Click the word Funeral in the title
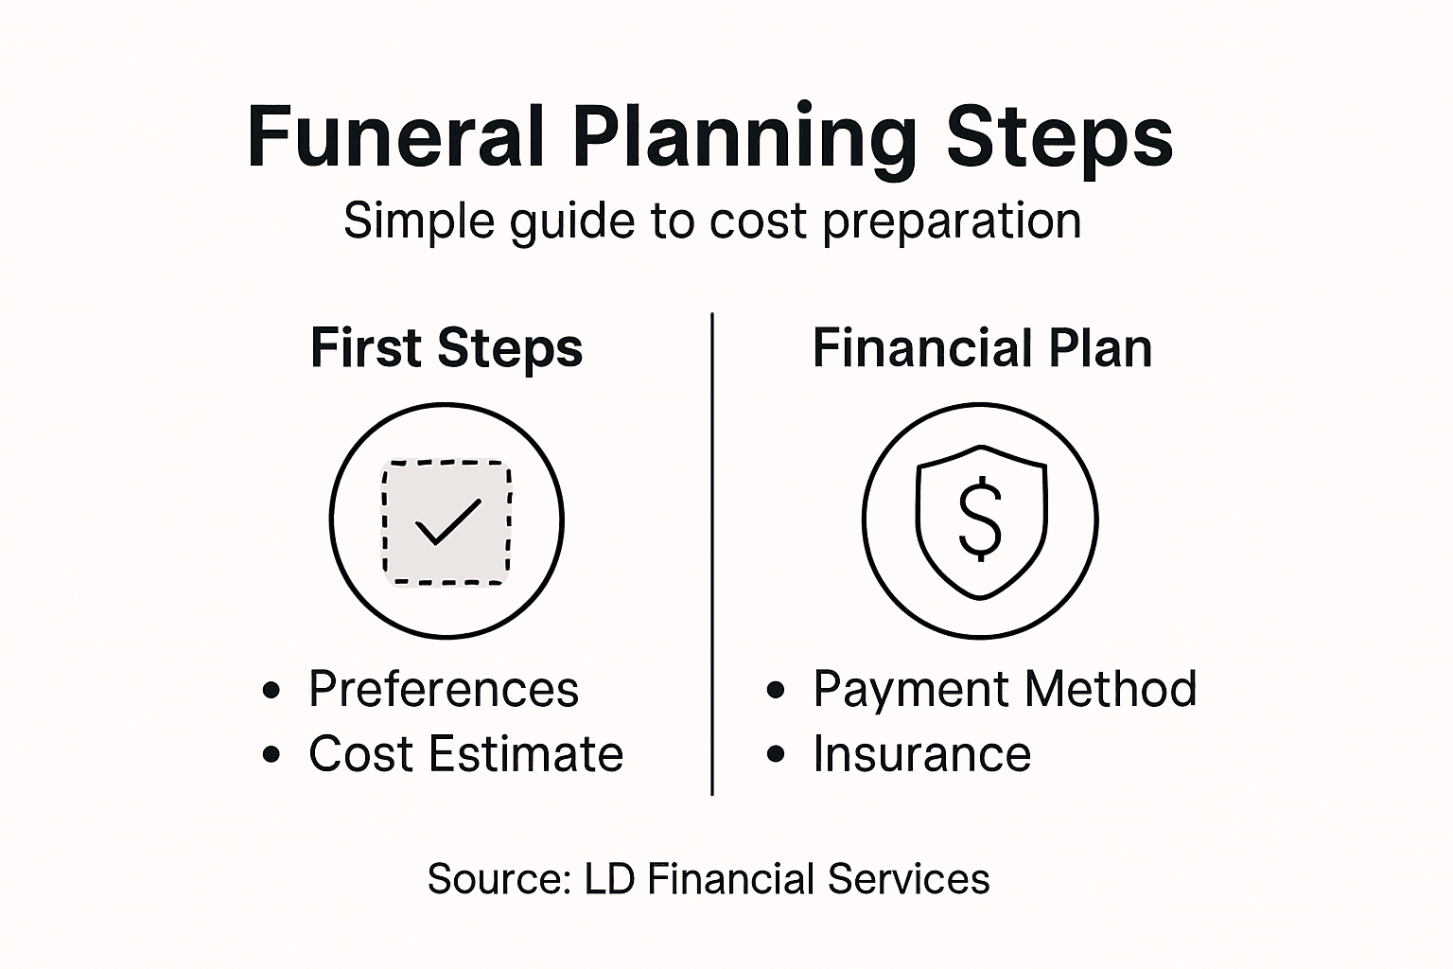point(394,138)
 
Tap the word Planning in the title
point(743,138)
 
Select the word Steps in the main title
point(1059,138)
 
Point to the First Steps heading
point(446,348)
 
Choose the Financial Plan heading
point(982,348)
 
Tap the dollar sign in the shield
point(980,518)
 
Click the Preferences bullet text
point(443,689)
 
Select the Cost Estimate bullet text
point(465,754)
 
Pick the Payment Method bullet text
point(1005,689)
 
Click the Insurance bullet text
point(921,754)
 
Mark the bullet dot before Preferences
point(272,691)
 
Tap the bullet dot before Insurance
point(777,755)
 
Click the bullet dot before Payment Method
point(777,691)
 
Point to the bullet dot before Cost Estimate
point(272,755)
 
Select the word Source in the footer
point(498,879)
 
